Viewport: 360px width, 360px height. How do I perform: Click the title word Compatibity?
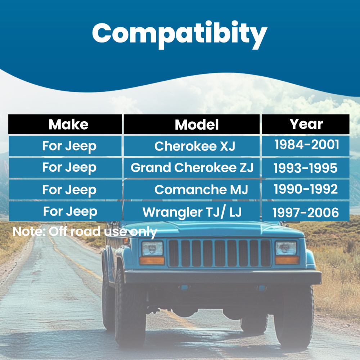[179, 33]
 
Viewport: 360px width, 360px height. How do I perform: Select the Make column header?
[68, 125]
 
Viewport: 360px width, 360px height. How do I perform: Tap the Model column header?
[197, 125]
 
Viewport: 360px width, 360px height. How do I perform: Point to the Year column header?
[306, 124]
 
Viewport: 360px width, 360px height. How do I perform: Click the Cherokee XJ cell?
[194, 146]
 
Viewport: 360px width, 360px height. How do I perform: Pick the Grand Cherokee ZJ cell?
[192, 168]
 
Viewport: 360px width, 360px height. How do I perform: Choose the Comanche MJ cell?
[201, 190]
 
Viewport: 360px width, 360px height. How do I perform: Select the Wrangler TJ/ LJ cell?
[192, 212]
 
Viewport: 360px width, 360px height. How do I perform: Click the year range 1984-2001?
[307, 145]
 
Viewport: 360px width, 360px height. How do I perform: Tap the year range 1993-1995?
[306, 168]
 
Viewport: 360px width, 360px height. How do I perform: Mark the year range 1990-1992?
[306, 189]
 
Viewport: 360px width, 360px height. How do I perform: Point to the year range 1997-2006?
[306, 212]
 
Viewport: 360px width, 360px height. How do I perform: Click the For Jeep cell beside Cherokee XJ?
[69, 146]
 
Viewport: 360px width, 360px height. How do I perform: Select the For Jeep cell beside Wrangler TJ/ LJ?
[70, 212]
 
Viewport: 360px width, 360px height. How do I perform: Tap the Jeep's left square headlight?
[152, 248]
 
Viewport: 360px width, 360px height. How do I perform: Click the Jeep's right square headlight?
[286, 248]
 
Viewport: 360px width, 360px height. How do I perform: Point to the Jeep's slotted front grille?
[220, 253]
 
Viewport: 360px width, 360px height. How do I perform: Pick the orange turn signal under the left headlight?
[152, 260]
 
